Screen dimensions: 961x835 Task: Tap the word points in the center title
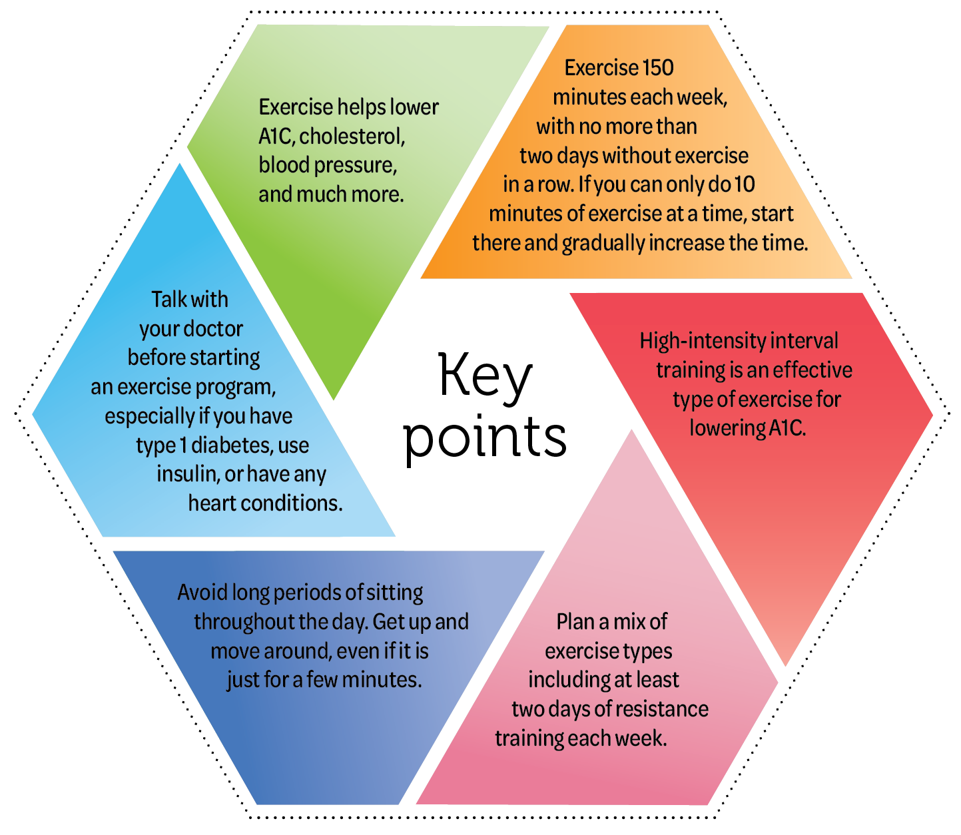pos(485,439)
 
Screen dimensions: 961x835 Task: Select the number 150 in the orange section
pos(658,68)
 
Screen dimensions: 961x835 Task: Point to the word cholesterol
pos(352,137)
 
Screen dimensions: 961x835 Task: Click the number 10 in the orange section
pos(744,184)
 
